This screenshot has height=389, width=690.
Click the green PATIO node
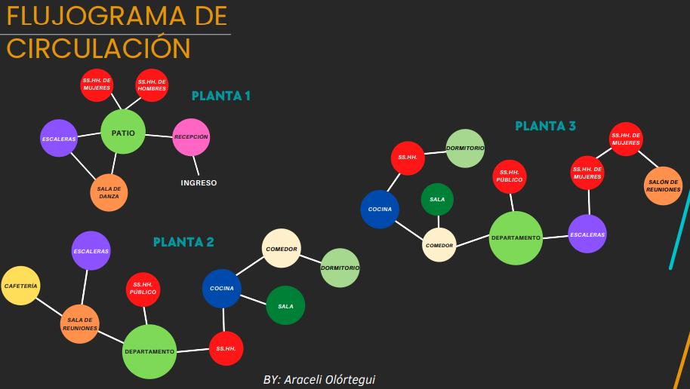coord(123,133)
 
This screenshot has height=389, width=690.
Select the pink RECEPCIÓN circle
coord(191,137)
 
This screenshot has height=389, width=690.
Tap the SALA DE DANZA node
coord(109,193)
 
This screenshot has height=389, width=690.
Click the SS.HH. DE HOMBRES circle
coord(152,85)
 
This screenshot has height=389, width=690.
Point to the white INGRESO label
coord(199,182)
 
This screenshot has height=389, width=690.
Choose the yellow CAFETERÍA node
coord(20,286)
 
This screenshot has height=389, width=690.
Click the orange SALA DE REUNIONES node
coord(79,324)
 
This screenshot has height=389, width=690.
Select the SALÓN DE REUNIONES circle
coord(664,185)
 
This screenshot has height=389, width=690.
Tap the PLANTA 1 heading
coord(220,96)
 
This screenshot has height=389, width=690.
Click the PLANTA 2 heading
coord(183,242)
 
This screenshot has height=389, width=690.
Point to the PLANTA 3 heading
coord(545,126)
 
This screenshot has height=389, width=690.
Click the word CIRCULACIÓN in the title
coord(98,48)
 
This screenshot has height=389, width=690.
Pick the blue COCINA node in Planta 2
coord(221,288)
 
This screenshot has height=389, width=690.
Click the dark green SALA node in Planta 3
coord(437,199)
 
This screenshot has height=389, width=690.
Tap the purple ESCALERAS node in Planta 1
coord(59,139)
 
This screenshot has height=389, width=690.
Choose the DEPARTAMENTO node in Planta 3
coord(516,238)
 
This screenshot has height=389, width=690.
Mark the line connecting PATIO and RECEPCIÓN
coord(159,136)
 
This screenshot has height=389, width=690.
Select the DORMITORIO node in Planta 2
coord(340,268)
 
